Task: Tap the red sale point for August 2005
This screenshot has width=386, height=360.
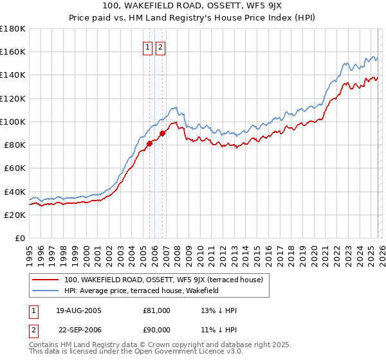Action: (x=149, y=143)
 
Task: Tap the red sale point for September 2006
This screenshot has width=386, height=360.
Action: (x=162, y=133)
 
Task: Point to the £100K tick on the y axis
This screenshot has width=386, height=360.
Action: (x=13, y=122)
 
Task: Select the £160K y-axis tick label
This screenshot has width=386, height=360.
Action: (x=13, y=51)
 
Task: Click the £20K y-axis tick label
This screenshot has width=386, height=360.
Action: (x=15, y=215)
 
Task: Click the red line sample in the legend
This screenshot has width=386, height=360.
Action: (x=45, y=280)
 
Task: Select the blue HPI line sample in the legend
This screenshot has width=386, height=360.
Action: (x=45, y=291)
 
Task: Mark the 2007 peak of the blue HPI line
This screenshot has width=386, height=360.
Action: (x=174, y=107)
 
